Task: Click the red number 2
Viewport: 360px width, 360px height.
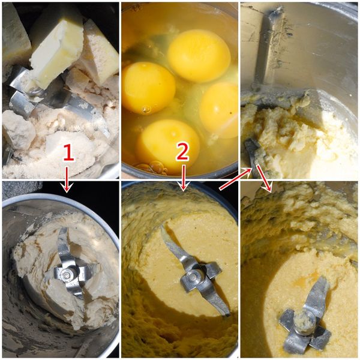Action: coord(182,151)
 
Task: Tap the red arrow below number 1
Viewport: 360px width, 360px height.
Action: coord(67,179)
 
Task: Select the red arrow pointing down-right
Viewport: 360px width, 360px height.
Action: coord(265,179)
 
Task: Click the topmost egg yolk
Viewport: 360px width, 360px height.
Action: coord(199,56)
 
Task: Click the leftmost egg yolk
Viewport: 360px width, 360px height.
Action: coord(148,87)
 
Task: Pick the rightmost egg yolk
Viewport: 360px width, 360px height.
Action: coord(219,110)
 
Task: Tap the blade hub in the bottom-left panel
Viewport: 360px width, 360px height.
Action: coord(67,274)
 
